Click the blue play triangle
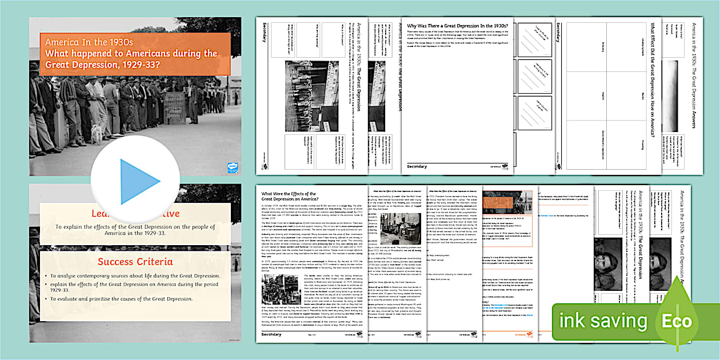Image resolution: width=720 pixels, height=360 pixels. point(139,182)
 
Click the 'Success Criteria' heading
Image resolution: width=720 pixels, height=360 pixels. point(130,262)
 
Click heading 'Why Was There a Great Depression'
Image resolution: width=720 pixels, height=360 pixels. point(457,25)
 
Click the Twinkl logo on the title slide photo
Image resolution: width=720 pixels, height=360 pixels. point(231,167)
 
